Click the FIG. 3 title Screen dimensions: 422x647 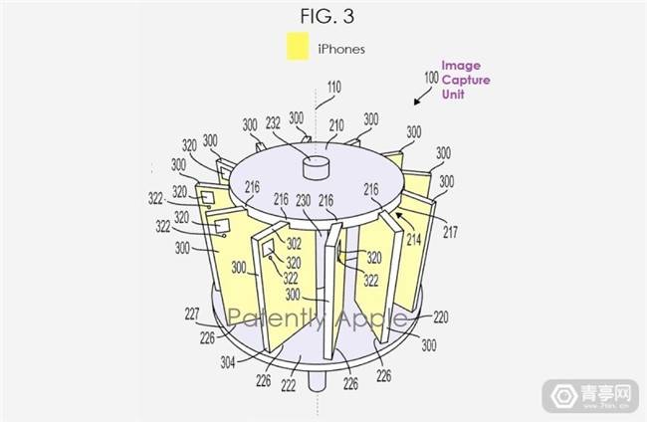(323, 16)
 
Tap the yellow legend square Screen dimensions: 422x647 (296, 47)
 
